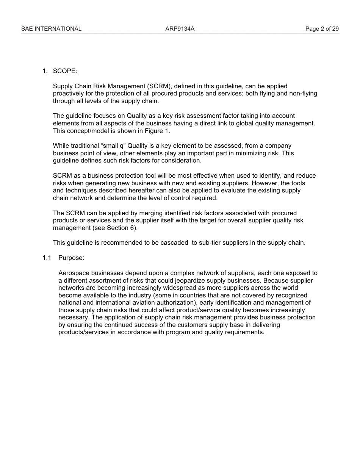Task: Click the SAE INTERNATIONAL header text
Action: point(51,29)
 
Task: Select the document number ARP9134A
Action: point(180,29)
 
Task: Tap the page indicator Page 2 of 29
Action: point(322,29)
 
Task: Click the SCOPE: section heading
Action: point(65,71)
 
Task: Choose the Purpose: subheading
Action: point(71,258)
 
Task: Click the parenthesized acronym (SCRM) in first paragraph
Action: point(160,86)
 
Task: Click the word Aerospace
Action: point(74,273)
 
